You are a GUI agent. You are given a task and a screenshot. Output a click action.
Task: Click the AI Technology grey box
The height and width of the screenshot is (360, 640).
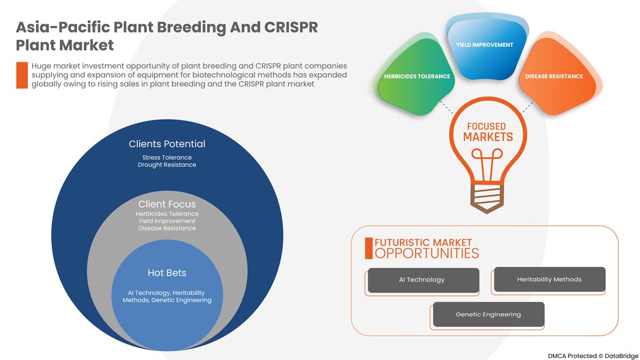(x=422, y=280)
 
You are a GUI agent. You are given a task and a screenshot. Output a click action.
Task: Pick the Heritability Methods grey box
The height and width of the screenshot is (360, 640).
(x=549, y=279)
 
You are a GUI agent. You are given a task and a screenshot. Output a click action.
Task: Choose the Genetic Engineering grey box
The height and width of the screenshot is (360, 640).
(x=488, y=315)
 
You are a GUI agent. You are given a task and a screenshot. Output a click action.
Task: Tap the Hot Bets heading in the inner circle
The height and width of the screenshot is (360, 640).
(x=167, y=273)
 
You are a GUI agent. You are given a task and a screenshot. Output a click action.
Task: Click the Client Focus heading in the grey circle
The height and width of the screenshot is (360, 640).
(x=167, y=204)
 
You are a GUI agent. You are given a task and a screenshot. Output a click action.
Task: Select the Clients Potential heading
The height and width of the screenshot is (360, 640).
(x=167, y=144)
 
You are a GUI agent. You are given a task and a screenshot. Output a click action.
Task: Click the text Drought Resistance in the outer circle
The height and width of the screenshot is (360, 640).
(x=167, y=165)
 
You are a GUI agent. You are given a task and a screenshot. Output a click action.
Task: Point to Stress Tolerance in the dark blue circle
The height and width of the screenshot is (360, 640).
(x=167, y=157)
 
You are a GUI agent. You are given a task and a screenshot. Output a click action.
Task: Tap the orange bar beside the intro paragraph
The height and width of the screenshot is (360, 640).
(x=22, y=75)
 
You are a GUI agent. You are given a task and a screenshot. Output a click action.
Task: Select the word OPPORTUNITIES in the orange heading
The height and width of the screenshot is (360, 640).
(x=427, y=253)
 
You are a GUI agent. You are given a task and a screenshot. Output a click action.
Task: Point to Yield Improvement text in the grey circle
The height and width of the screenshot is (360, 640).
(x=167, y=221)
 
